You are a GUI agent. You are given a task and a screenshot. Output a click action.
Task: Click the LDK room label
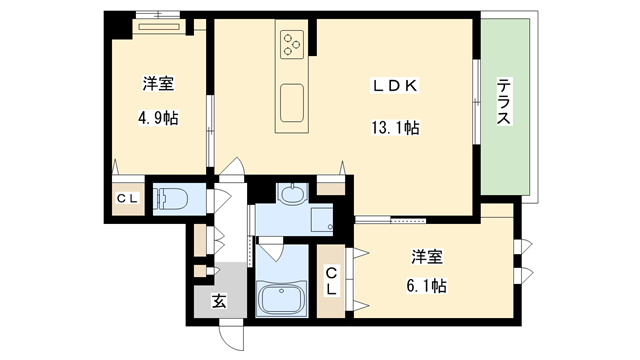[394, 86]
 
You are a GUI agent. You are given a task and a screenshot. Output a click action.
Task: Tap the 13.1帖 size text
[395, 128]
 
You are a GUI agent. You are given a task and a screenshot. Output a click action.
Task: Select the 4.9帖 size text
[158, 118]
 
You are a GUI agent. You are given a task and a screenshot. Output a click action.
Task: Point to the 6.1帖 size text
[427, 286]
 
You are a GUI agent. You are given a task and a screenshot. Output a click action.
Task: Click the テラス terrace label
[504, 102]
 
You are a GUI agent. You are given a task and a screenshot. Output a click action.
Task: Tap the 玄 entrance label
[219, 301]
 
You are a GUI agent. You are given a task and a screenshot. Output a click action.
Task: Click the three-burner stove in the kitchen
[292, 44]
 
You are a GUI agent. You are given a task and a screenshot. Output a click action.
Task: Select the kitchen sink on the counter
[292, 103]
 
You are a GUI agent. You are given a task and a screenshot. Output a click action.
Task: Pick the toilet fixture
[171, 199]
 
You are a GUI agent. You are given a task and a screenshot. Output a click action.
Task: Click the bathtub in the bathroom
[282, 298]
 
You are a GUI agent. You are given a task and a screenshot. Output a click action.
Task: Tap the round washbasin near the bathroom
[291, 193]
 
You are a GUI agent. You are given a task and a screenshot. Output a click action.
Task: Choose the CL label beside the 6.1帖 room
[331, 280]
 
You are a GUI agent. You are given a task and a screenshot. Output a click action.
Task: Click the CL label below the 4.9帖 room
[128, 199]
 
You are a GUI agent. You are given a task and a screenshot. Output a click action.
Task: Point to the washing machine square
[322, 220]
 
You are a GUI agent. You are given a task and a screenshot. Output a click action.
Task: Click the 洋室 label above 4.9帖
[158, 84]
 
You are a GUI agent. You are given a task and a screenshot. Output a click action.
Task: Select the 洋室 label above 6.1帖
[427, 257]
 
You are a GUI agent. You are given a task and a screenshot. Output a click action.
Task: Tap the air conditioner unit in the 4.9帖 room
[159, 27]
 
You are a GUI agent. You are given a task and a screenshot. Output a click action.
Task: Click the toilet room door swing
[222, 200]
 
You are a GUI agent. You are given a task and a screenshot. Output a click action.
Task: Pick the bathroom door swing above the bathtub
[270, 250]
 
